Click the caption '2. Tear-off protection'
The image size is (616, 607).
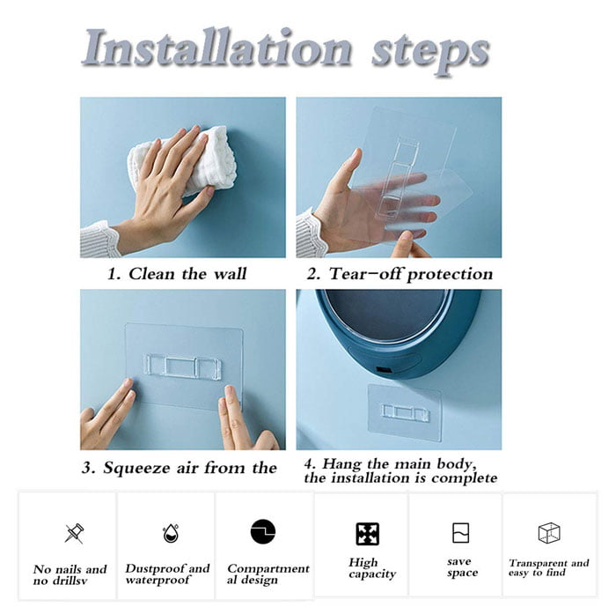tap(399, 274)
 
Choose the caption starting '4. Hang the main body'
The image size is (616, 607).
tap(400, 470)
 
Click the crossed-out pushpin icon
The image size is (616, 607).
tap(74, 533)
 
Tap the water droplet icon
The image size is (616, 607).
tap(171, 533)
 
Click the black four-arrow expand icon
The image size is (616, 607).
tap(367, 534)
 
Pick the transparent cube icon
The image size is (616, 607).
tap(549, 533)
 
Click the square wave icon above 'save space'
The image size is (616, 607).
tap(460, 533)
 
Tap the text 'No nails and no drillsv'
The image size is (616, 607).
tap(70, 574)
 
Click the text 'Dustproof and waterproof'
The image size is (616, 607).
tap(167, 574)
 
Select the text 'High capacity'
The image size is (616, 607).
tap(363, 568)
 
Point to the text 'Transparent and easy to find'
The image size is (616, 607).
tap(549, 568)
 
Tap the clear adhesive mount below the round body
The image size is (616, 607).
tap(404, 411)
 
